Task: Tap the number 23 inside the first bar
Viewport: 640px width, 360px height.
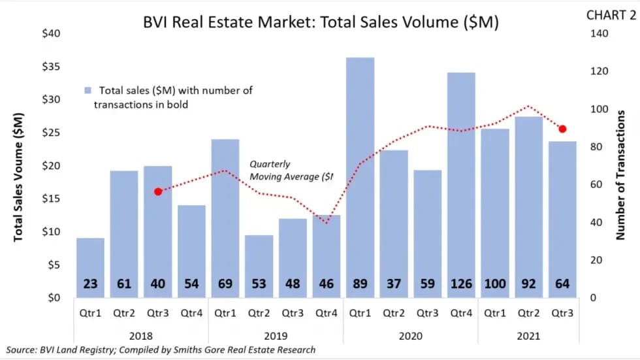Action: tap(90, 284)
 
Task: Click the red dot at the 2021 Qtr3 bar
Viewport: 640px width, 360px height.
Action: tap(562, 129)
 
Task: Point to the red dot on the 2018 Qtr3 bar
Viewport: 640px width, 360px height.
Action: tap(157, 191)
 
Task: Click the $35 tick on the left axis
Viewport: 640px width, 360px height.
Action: tap(51, 67)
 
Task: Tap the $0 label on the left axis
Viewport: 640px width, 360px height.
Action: tap(54, 298)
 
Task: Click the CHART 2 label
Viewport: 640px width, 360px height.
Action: tap(605, 15)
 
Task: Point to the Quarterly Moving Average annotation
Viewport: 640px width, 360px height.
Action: tap(291, 171)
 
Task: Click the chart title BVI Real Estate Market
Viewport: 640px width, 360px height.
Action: tap(321, 22)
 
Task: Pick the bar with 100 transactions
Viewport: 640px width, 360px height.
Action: tap(496, 209)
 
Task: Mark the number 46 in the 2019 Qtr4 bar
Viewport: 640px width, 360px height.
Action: tap(327, 284)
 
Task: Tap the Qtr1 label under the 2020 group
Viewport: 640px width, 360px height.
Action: tap(360, 313)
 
